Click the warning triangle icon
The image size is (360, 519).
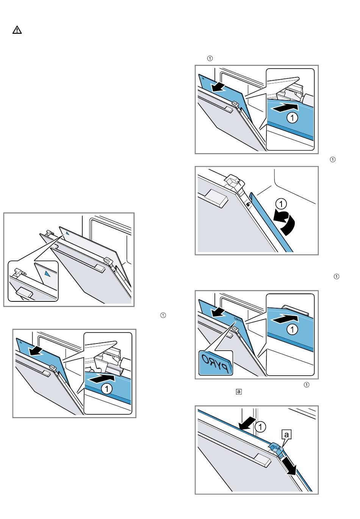17,30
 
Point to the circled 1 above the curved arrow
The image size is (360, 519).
281,204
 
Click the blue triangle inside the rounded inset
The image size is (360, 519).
47,273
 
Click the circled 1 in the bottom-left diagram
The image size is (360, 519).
107,389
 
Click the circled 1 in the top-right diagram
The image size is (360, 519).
292,118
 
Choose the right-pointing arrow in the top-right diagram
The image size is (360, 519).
284,108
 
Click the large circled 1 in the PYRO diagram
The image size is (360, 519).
292,330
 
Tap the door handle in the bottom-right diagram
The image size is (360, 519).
263,459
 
